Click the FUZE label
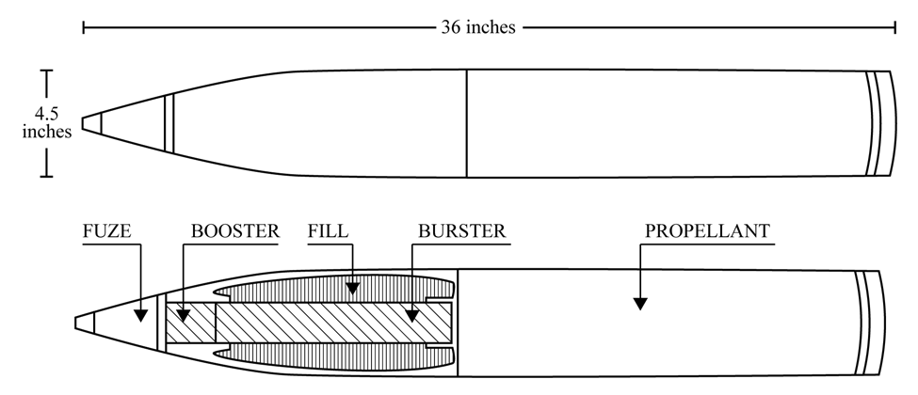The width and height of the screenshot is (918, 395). point(106,231)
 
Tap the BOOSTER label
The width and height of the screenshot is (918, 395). point(235,231)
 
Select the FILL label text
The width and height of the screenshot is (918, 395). point(328,231)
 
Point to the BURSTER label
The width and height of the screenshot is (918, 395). point(461,231)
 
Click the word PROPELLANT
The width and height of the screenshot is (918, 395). point(707,231)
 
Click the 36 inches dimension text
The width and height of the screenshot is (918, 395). point(478,27)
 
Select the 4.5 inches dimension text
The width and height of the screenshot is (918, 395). point(47,122)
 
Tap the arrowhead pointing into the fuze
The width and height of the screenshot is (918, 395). point(140,316)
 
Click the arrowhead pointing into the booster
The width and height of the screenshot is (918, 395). point(184,316)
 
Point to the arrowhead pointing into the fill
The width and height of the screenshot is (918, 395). point(352,288)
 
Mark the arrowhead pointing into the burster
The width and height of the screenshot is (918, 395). point(412,316)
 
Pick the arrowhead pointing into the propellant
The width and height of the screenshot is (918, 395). point(640,304)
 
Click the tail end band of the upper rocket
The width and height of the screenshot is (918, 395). point(881,123)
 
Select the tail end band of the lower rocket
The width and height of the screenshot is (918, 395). point(869,323)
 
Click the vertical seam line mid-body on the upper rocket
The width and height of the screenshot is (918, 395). point(467,123)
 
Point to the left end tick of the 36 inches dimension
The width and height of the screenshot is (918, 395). point(84,27)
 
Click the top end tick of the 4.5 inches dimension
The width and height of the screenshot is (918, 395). point(47,71)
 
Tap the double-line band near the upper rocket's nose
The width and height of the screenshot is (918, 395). point(169,123)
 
